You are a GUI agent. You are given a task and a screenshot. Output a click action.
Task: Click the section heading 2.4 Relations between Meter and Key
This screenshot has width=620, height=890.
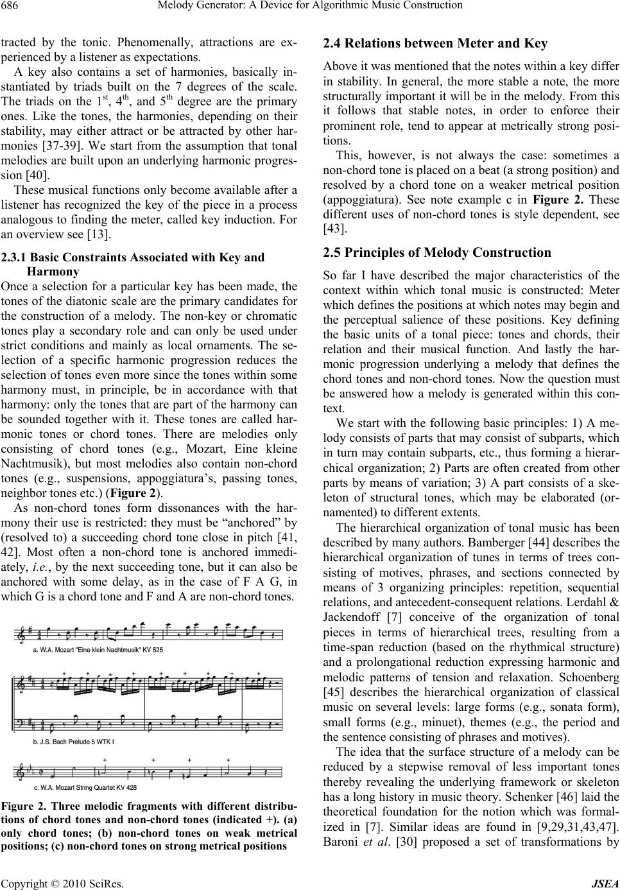point(435,44)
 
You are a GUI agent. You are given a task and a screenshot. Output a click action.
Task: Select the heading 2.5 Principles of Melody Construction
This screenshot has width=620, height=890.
point(437,252)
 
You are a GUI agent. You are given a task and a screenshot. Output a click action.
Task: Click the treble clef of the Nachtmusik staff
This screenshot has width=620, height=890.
point(25,634)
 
